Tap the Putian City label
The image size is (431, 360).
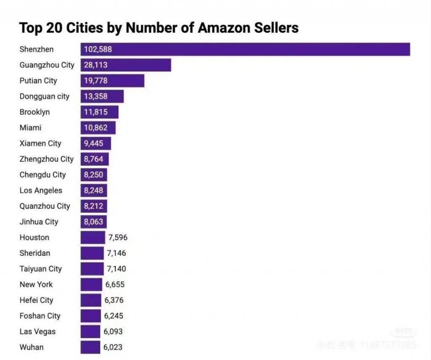(x=38, y=81)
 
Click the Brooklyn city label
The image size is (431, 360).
(x=35, y=112)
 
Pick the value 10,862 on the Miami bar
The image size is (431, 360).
(x=96, y=128)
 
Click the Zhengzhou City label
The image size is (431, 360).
(x=46, y=159)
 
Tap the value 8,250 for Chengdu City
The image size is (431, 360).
(x=93, y=175)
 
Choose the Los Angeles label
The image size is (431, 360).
(x=40, y=191)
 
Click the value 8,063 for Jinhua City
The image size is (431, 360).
(x=93, y=222)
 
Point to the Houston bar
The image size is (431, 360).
(x=93, y=238)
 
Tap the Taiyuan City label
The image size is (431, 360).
(x=40, y=269)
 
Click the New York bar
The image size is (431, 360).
(x=91, y=285)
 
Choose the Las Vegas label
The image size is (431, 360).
(x=37, y=332)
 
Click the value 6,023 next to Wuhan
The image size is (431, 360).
(x=113, y=347)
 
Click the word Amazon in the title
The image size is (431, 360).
(x=224, y=28)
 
